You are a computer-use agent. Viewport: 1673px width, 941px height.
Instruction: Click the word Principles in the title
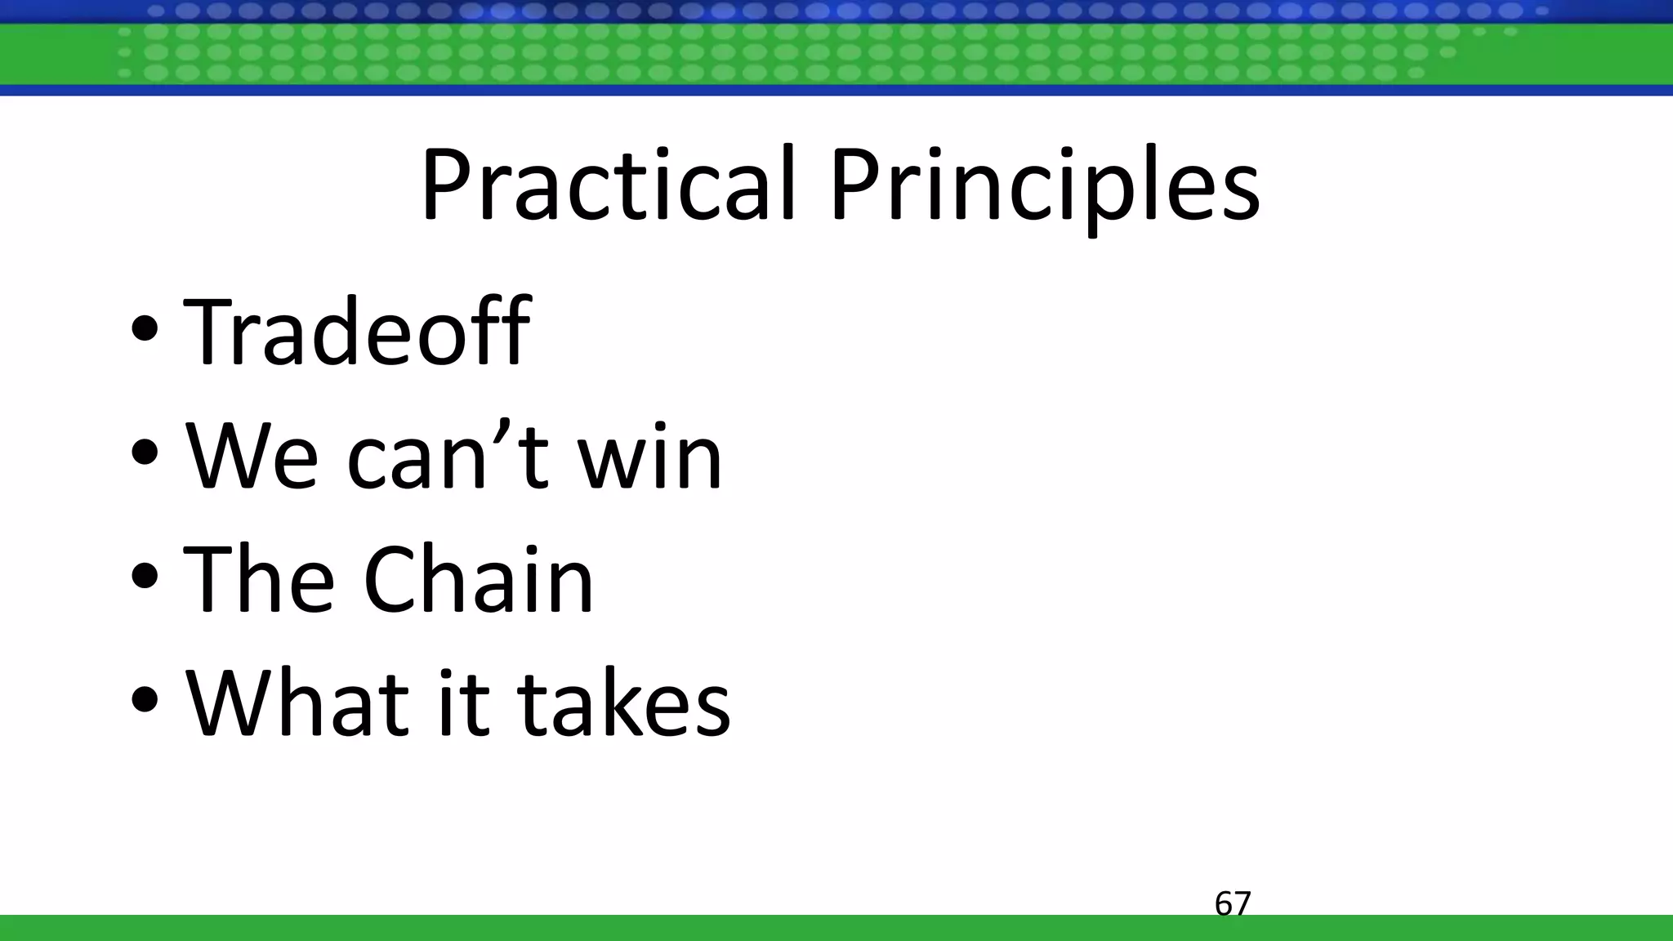(1044, 186)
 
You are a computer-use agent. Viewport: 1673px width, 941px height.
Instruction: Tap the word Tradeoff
(357, 332)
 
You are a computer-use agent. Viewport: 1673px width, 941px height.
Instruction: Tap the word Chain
(479, 578)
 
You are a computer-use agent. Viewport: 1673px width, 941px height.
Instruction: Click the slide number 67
(1233, 903)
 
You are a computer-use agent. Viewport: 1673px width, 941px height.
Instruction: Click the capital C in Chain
(393, 578)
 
